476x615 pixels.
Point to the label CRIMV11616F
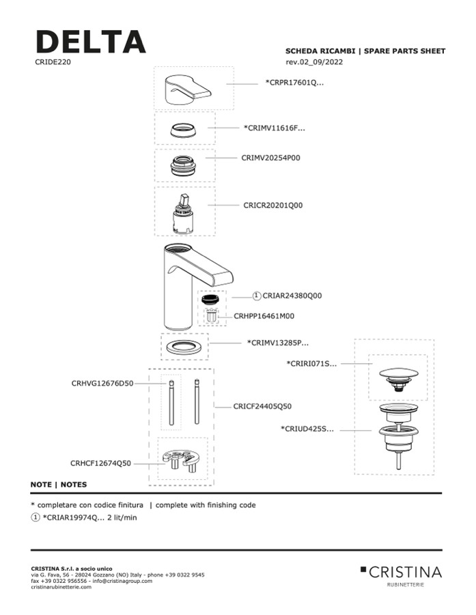click(x=275, y=128)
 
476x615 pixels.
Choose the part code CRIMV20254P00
click(x=271, y=158)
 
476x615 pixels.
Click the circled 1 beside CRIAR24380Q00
click(x=257, y=296)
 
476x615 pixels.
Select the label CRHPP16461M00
click(x=264, y=316)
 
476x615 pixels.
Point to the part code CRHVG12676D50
click(x=102, y=384)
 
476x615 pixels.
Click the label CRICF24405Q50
click(x=262, y=406)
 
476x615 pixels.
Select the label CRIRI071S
click(x=311, y=364)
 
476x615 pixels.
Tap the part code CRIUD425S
click(x=307, y=429)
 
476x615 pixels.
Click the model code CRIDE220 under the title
click(x=53, y=62)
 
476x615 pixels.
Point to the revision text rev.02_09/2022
click(x=314, y=62)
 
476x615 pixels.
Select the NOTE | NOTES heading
click(x=59, y=485)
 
